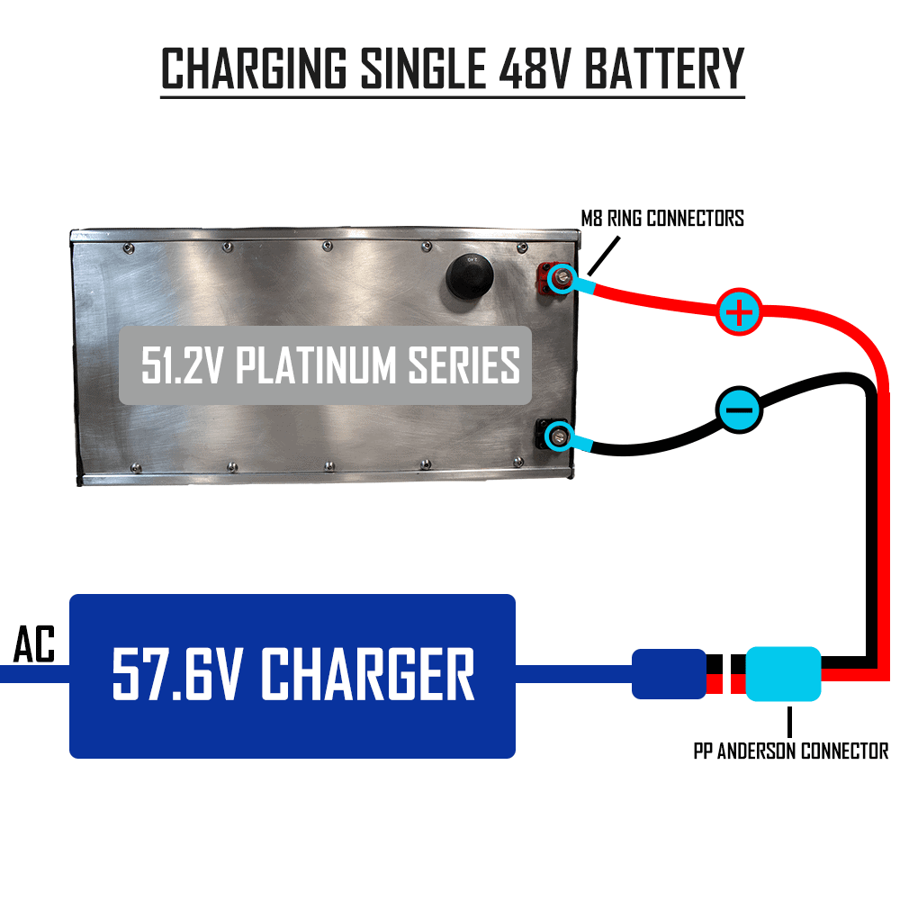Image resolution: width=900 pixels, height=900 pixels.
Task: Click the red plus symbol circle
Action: click(x=739, y=313)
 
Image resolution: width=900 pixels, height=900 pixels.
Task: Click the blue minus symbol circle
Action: click(x=739, y=410)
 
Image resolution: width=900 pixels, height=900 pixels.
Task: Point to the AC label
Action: click(x=34, y=645)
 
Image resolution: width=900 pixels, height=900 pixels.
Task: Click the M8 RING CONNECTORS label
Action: click(x=661, y=218)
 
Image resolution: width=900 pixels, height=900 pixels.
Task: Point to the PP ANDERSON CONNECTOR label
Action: click(x=790, y=751)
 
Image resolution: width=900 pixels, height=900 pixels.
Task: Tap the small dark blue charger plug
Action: click(x=668, y=674)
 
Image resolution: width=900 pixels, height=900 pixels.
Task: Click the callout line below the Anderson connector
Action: click(x=789, y=721)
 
